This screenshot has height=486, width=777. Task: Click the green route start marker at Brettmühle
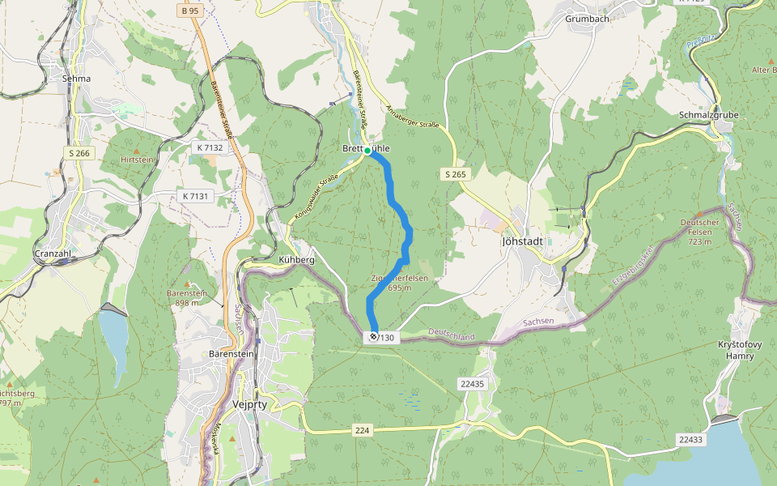point(367,151)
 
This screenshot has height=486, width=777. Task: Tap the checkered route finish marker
point(373,336)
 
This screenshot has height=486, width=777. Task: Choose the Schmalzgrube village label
point(708,115)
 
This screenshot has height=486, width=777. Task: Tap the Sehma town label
point(76,79)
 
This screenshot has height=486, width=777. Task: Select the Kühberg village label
point(295,260)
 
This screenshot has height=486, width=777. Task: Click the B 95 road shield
point(190,11)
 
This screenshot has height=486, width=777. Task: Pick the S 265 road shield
point(456,174)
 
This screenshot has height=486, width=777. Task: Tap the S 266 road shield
point(80,153)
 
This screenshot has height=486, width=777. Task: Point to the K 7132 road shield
point(209,148)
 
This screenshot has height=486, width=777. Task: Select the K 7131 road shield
point(194,196)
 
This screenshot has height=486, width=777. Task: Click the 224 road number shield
point(362,431)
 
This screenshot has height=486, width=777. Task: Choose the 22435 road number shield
point(471,384)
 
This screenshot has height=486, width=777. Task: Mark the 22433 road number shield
point(690,439)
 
